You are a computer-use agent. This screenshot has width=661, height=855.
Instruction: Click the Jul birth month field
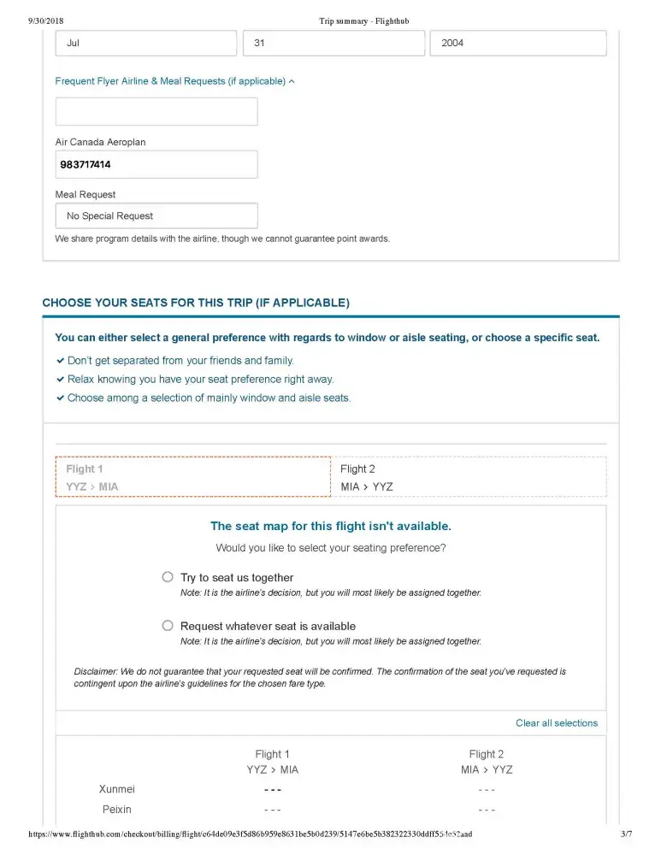click(145, 43)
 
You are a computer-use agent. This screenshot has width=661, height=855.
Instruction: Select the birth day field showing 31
click(333, 43)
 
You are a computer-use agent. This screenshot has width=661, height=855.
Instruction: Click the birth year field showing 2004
click(518, 43)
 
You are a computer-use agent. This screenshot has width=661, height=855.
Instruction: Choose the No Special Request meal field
click(156, 215)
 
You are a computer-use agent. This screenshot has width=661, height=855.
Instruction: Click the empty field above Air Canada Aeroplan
click(156, 111)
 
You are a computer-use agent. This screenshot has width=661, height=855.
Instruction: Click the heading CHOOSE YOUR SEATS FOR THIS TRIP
click(196, 303)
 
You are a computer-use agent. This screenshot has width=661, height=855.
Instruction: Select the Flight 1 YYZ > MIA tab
click(192, 477)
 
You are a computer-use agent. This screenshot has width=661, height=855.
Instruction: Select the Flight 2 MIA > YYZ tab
click(469, 477)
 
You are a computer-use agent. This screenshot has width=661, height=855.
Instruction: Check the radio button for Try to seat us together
click(168, 577)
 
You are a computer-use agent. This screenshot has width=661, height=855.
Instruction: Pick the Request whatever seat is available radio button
click(168, 626)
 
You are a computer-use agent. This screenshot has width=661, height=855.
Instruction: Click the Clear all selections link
click(556, 723)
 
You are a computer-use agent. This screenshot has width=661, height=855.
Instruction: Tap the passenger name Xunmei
click(117, 789)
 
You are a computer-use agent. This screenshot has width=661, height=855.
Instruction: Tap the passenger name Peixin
click(117, 809)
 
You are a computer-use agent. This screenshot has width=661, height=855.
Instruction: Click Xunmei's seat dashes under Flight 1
click(272, 789)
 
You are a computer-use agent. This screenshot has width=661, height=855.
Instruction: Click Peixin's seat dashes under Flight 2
click(487, 809)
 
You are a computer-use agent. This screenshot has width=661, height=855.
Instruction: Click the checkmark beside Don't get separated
click(60, 361)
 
